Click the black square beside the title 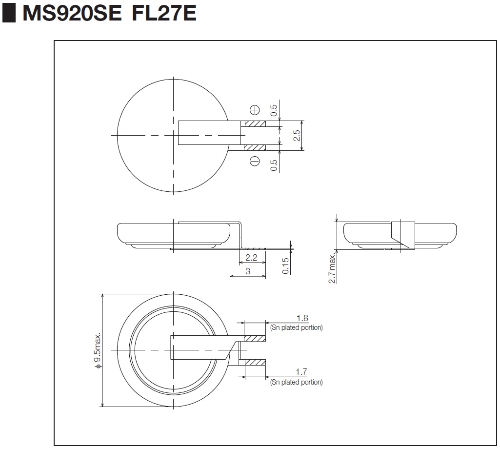9,13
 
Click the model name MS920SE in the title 72,13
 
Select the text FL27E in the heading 164,13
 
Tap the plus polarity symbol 255,110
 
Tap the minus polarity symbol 255,161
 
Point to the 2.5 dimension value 297,136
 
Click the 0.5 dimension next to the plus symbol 274,110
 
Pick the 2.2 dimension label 251,257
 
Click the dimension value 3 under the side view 248,271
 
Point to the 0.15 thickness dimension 286,266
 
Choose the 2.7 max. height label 332,268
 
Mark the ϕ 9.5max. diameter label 98,350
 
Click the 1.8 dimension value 302,318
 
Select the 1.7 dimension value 301,372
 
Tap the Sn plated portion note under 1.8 297,328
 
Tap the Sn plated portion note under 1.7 297,382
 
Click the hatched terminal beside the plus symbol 255,123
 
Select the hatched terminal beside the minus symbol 255,147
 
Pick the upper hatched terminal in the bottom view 255,338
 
